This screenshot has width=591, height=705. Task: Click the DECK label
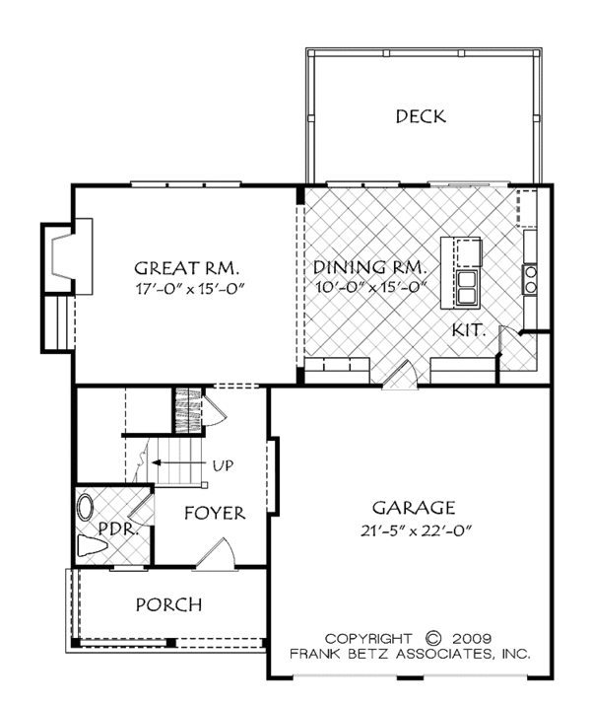[x=421, y=116]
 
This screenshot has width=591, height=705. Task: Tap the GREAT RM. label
[x=187, y=268]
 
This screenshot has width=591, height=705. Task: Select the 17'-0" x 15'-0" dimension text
[x=190, y=288]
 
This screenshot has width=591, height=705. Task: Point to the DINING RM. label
[x=369, y=267]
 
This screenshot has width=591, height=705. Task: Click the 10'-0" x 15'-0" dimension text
[x=371, y=286]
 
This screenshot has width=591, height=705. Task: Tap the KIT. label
[x=469, y=330]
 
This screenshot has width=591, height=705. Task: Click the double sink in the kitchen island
[x=468, y=288]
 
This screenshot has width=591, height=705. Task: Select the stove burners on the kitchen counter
[x=530, y=280]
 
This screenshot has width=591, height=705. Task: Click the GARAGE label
[x=414, y=508]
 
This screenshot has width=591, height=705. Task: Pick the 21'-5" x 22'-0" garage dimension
[x=416, y=531]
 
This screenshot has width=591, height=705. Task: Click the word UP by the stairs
[x=224, y=465]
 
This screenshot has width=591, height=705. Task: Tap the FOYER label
[x=215, y=513]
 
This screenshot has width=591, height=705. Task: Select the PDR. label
[x=117, y=529]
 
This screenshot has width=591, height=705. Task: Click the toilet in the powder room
[x=93, y=546]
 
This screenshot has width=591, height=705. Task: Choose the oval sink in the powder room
[x=85, y=508]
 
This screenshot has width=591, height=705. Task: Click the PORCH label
[x=168, y=604]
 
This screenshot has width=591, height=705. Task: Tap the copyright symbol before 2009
[x=433, y=639]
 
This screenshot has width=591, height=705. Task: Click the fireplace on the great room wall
[x=67, y=256]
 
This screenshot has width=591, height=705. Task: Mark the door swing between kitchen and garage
[x=400, y=374]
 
